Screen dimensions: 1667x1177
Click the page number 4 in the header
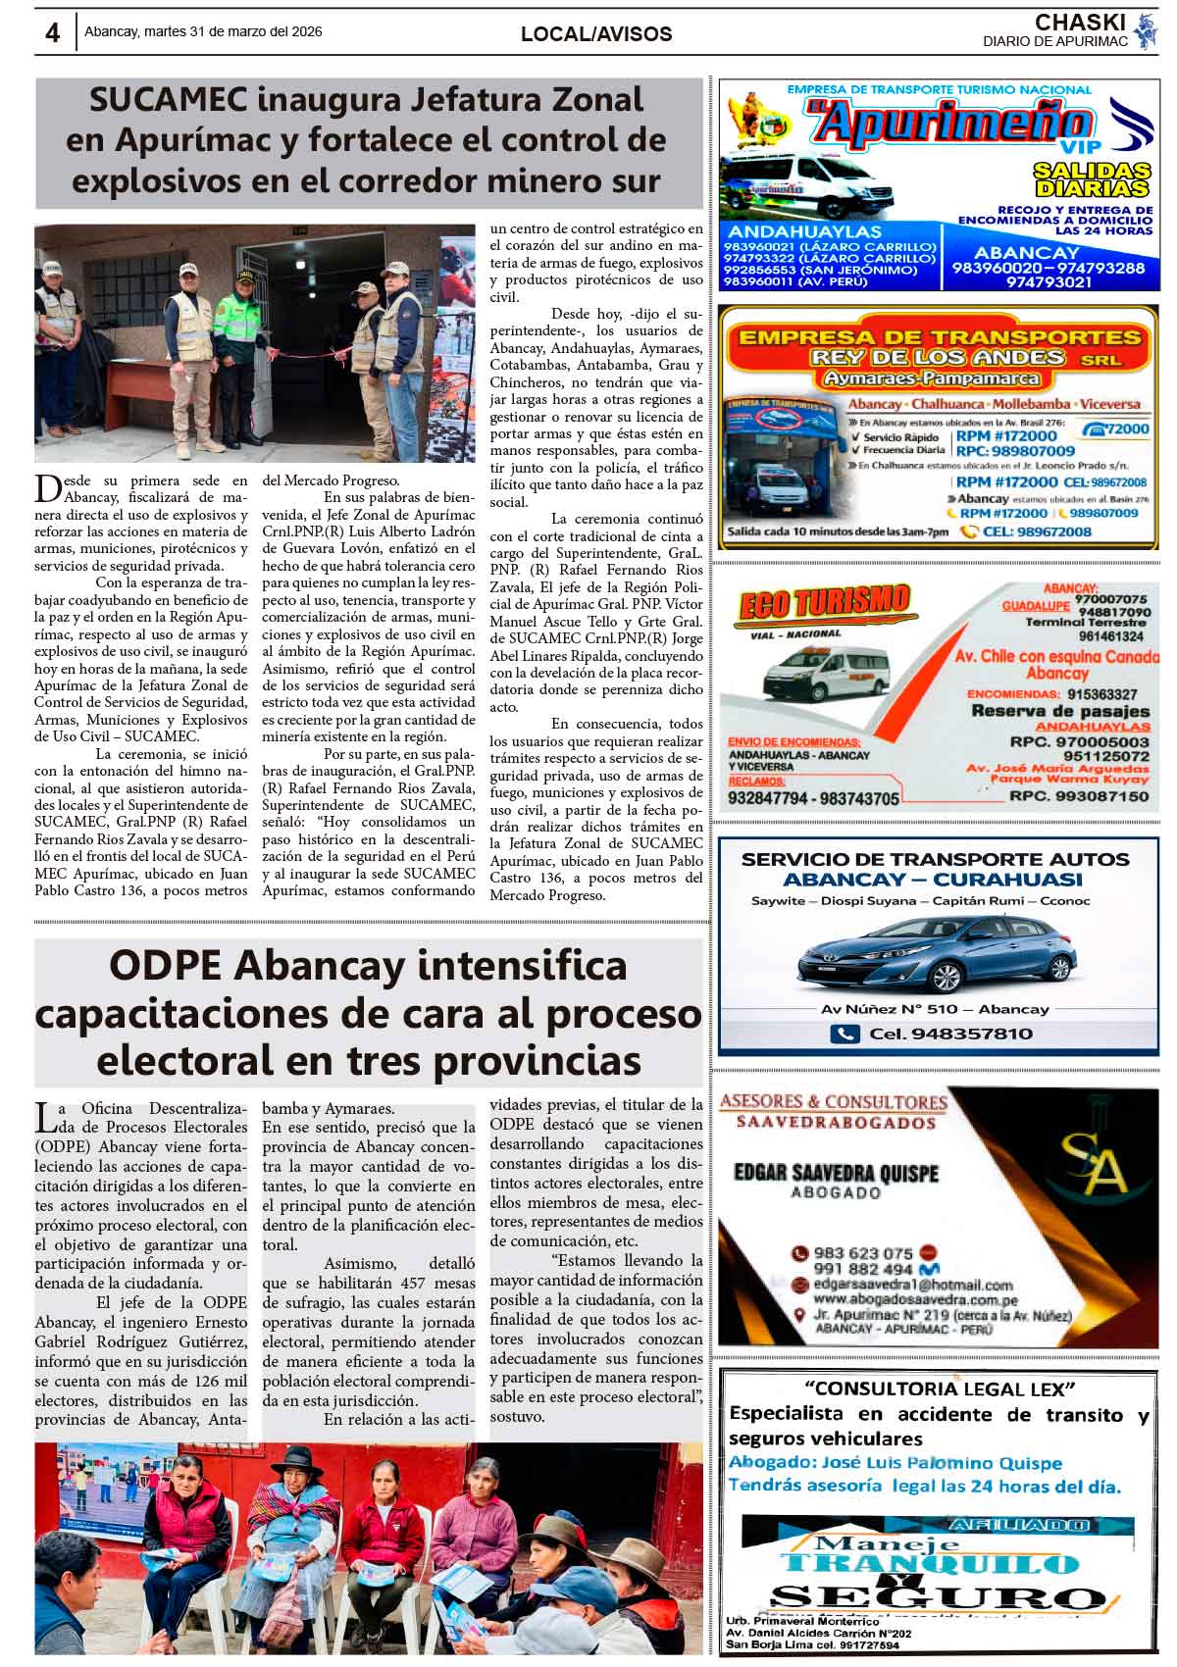click(x=52, y=33)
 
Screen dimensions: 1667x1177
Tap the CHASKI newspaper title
click(x=1078, y=23)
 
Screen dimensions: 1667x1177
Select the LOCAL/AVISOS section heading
click(x=596, y=34)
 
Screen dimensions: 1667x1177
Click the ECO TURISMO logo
click(x=823, y=602)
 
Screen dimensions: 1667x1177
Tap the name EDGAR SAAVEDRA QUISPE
click(x=836, y=1174)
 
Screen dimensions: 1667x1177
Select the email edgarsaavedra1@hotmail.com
click(x=913, y=1285)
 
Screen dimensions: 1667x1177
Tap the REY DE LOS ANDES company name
click(x=938, y=357)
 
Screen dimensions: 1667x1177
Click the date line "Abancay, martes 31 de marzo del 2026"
click(x=203, y=31)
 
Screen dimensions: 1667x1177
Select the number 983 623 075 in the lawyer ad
click(x=863, y=1253)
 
